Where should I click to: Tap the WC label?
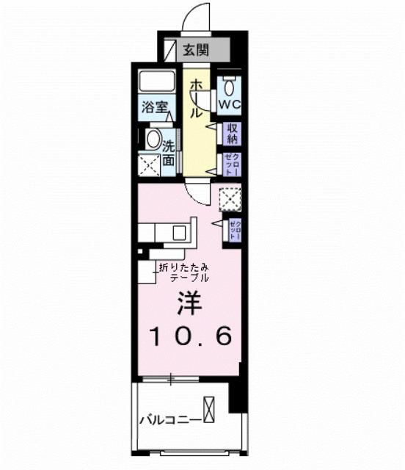(230, 105)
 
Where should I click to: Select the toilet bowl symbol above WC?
(230, 87)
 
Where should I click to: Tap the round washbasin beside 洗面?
(153, 138)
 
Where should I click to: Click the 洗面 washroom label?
(168, 152)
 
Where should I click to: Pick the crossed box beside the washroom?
(150, 165)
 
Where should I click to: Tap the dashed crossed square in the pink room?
(230, 198)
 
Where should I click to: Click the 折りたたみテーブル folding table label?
(185, 272)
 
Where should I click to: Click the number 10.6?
(191, 336)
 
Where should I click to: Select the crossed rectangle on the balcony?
(211, 408)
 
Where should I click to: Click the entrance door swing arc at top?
(192, 16)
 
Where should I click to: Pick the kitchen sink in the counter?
(180, 233)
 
